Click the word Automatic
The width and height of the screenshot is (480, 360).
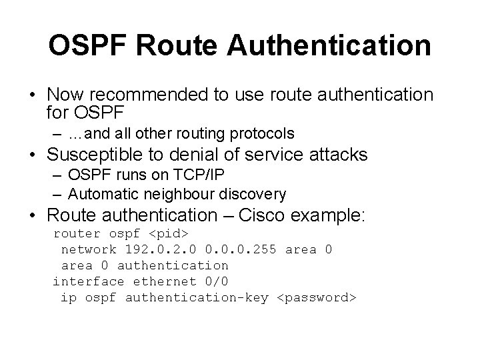(100, 194)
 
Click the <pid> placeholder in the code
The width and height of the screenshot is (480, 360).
(169, 234)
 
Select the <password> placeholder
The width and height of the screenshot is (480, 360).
(317, 298)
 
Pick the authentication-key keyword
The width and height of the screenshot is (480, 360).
(197, 298)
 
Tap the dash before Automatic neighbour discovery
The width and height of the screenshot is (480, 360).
(57, 194)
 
